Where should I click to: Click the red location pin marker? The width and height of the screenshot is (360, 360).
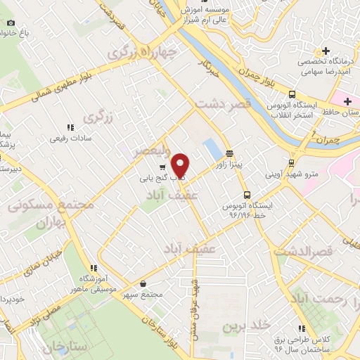(181, 165)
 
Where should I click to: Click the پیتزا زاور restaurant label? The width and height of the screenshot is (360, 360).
(229, 164)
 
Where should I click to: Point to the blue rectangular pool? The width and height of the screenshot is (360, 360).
(210, 148)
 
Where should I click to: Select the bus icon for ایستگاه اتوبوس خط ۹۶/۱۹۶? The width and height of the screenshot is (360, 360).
(246, 194)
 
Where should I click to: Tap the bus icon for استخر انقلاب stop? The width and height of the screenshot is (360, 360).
(291, 95)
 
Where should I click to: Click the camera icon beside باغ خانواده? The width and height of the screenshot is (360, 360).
(11, 22)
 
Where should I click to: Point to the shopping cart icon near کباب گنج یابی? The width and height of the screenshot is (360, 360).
(163, 167)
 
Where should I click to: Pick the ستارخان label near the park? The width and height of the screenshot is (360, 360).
(63, 347)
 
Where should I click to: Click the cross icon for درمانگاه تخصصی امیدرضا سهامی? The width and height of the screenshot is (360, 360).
(326, 51)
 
